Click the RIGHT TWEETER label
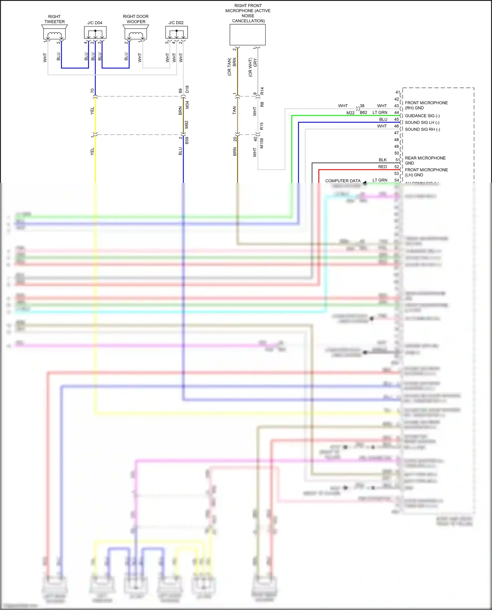54,19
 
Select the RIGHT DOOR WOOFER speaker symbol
136,32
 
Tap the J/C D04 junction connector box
95,32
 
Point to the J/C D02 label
176,23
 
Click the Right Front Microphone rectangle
248,35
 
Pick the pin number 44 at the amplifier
397,112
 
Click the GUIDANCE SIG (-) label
422,116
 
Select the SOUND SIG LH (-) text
422,123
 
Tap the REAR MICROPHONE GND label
425,160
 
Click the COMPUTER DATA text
343,181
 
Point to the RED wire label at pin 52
382,167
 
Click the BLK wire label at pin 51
383,160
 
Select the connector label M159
262,143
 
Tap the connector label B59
187,141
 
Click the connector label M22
350,113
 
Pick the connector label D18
187,89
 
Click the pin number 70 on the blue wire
92,90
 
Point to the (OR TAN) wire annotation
229,67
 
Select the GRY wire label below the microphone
255,63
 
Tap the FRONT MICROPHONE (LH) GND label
426,172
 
